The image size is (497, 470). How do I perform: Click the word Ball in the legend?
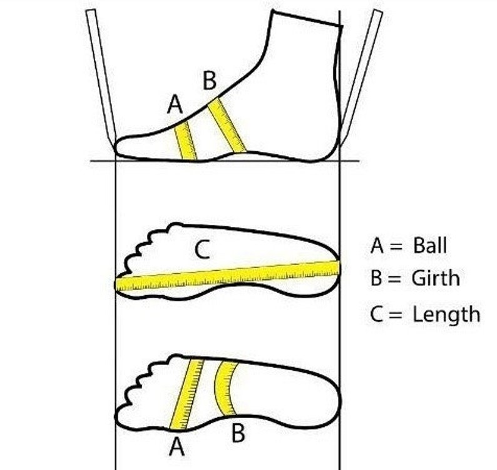430,245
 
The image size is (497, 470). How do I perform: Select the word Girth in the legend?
436,278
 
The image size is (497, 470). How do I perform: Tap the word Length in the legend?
446,314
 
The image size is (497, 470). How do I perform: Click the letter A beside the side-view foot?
175,104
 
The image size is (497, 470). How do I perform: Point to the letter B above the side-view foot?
210,81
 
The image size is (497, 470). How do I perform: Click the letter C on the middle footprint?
202,249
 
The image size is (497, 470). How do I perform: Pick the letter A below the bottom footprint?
177,447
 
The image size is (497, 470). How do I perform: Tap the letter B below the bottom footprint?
238,433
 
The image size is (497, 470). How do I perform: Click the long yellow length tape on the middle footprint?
227,276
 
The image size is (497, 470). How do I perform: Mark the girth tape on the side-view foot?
227,125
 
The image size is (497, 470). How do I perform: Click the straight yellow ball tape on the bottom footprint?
187,394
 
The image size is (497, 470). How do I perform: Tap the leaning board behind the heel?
361,77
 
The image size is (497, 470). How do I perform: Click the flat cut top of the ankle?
306,18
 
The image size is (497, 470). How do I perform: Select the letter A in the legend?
377,245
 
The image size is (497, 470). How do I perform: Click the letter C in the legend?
376,314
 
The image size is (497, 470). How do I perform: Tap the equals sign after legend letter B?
394,279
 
